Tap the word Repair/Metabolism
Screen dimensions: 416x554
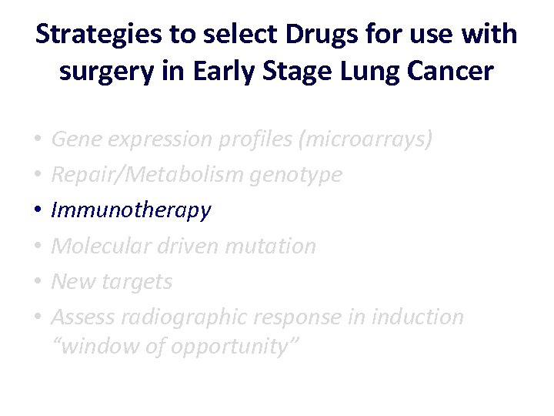148,175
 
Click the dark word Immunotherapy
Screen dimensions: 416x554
131,211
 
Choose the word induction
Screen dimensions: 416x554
417,317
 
